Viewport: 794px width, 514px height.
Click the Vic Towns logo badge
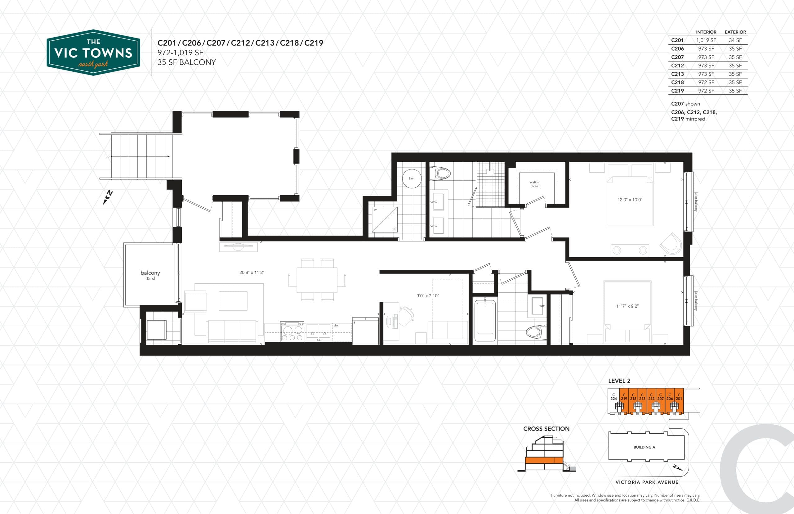[93, 52]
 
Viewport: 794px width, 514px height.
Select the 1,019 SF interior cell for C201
[706, 40]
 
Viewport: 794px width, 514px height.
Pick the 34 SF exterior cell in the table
[735, 40]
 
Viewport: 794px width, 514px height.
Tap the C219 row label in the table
[677, 91]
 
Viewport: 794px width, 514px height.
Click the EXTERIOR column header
[735, 32]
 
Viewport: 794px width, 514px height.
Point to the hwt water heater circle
[412, 178]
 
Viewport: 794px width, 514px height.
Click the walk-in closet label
[535, 184]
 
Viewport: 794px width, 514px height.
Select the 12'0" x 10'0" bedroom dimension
[630, 200]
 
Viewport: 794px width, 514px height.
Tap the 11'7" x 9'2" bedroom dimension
[627, 306]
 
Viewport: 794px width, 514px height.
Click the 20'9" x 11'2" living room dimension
[252, 272]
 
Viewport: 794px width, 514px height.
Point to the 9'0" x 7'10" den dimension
[427, 296]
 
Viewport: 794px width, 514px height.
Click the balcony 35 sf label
[150, 275]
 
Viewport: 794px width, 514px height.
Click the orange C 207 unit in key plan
[660, 400]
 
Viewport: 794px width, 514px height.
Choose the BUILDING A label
[644, 447]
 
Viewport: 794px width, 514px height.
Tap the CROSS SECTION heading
[546, 429]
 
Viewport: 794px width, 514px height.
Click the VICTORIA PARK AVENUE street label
[647, 482]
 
